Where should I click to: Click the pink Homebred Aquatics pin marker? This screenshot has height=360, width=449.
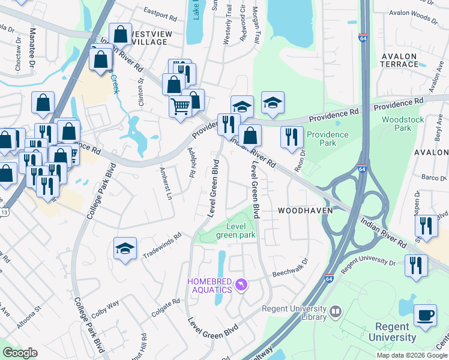pyautogui.click(x=241, y=284)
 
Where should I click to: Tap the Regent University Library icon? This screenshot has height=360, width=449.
pyautogui.click(x=335, y=311)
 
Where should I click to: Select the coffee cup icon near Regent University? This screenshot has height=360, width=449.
pyautogui.click(x=426, y=316)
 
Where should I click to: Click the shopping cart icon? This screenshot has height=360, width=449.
pyautogui.click(x=181, y=107)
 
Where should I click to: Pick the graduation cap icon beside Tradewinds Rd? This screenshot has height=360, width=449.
pyautogui.click(x=125, y=248)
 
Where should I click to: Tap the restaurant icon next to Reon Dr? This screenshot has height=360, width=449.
pyautogui.click(x=292, y=137)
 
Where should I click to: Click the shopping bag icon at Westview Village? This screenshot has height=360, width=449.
pyautogui.click(x=121, y=35)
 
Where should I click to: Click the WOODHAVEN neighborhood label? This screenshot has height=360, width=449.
pyautogui.click(x=301, y=211)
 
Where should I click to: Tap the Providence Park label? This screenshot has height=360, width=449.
pyautogui.click(x=328, y=139)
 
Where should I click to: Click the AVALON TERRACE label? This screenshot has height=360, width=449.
pyautogui.click(x=399, y=60)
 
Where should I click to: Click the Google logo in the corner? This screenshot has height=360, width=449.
pyautogui.click(x=20, y=353)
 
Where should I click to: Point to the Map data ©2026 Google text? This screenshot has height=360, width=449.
pyautogui.click(x=411, y=355)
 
